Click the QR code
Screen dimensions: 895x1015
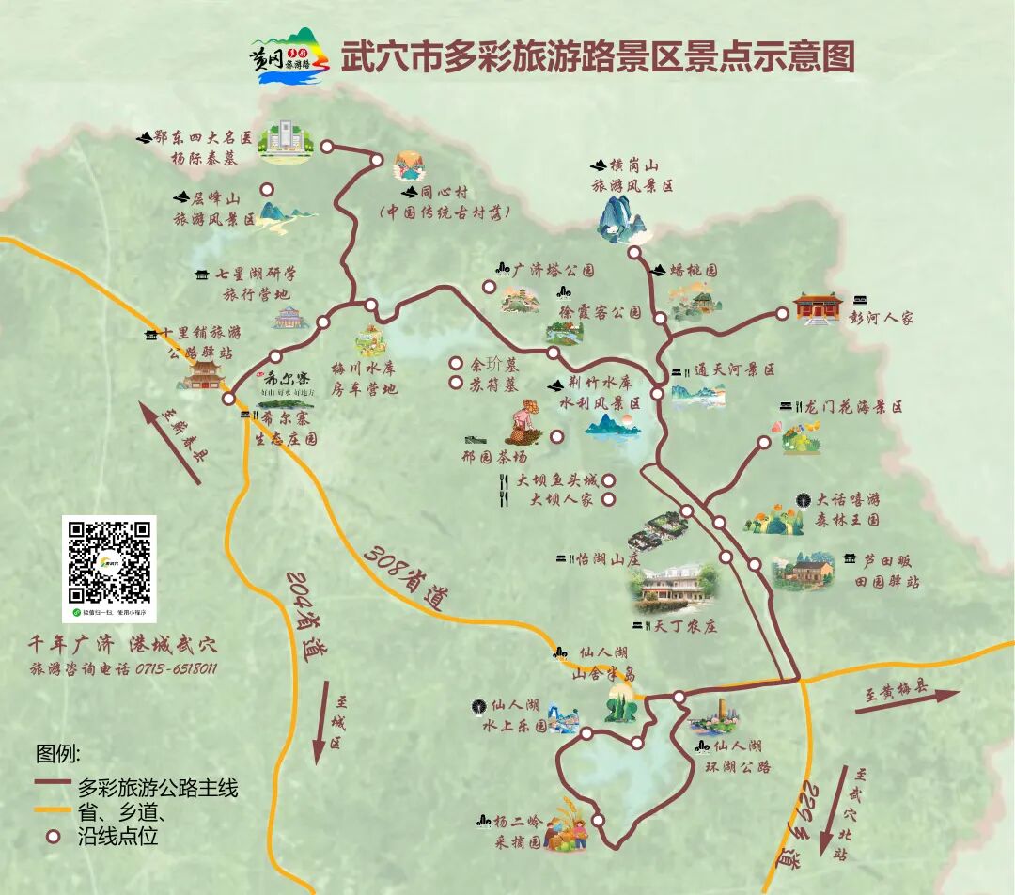(109, 561)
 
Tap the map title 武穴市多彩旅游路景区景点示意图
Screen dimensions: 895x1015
(597, 56)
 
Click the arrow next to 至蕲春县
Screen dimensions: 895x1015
(170, 443)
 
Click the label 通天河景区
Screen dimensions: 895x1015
(734, 370)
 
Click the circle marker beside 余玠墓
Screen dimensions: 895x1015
(456, 363)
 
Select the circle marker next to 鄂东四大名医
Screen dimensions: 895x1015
(327, 147)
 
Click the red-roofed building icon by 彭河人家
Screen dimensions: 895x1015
(817, 307)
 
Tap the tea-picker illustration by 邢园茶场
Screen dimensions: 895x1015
(523, 424)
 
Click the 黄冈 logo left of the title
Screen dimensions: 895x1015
(289, 56)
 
